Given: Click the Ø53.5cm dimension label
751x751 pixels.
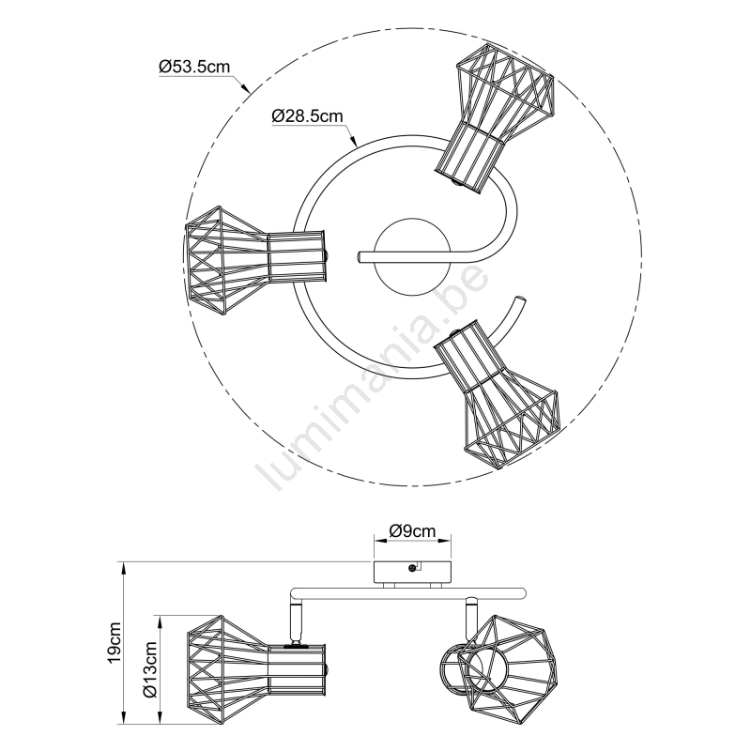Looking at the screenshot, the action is (194, 67).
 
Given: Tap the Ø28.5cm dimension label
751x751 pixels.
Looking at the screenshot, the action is (308, 115).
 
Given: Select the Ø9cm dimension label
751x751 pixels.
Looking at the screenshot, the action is (412, 530).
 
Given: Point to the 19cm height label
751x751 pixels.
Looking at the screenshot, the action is (115, 643).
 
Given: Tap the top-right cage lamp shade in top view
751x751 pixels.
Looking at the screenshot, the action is (495, 117).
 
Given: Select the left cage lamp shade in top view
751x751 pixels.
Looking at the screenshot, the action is (256, 260).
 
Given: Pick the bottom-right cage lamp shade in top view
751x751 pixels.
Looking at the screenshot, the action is (498, 394).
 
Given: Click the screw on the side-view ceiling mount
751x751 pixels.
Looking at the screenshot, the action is (411, 568).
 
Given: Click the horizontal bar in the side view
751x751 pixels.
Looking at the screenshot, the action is (408, 592).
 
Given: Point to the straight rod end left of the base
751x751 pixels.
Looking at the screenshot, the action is (360, 256).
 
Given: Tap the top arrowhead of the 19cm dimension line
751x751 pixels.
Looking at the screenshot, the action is (124, 567).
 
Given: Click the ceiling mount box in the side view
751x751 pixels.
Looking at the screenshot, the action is (412, 572).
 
